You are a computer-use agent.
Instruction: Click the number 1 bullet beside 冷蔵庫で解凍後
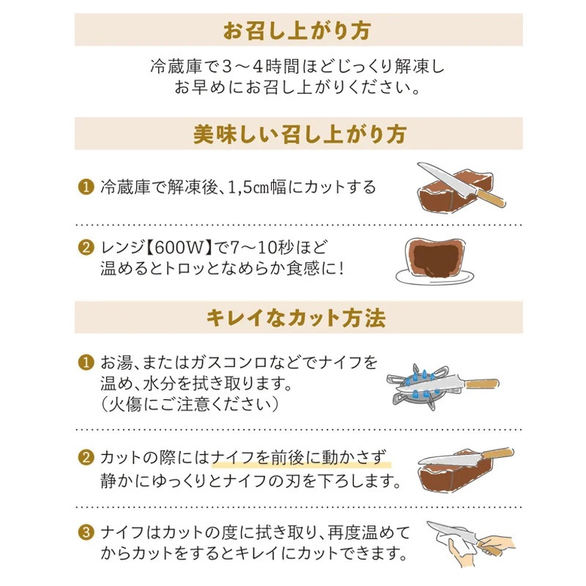tap(86, 187)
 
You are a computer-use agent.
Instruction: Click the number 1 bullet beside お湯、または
tap(86, 363)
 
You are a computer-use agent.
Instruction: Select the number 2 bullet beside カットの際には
tap(86, 459)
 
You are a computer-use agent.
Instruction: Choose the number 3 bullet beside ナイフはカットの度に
tap(86, 530)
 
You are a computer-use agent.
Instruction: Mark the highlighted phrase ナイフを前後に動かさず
tap(301, 459)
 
